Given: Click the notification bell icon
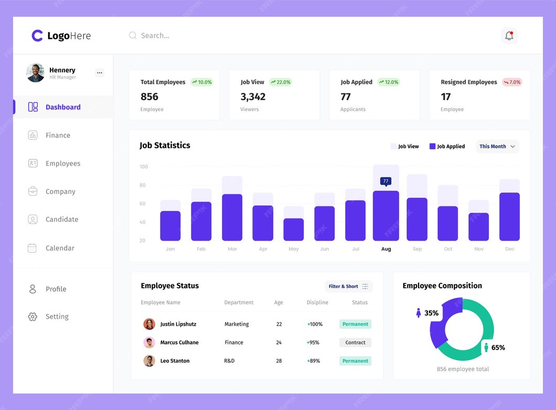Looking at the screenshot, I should coord(509,36).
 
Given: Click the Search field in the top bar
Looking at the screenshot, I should coord(155,36).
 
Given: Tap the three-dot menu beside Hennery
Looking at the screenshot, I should coord(100,73).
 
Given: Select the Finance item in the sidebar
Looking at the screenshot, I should coord(58,135).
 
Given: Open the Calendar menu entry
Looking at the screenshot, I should coord(60,248).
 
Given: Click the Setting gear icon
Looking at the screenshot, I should coord(33,317).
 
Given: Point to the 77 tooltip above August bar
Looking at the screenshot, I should coord(386,181).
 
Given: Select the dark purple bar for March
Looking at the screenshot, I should coord(232,217).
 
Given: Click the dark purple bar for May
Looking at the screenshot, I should coord(294,230).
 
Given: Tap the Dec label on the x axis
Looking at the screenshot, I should coord(509,249).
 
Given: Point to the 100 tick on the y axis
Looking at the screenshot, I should coord(144,167).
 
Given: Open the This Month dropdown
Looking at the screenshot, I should coord(497,146).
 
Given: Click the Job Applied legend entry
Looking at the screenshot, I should coord(447,146).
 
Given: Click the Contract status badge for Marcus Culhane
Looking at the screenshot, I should coord(355,342).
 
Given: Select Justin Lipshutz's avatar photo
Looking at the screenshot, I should coord(149,324).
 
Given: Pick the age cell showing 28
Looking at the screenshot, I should coord(279,361).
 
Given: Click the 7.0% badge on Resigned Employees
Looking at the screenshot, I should coord(512,82).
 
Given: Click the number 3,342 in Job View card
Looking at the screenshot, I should coord(253,96).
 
